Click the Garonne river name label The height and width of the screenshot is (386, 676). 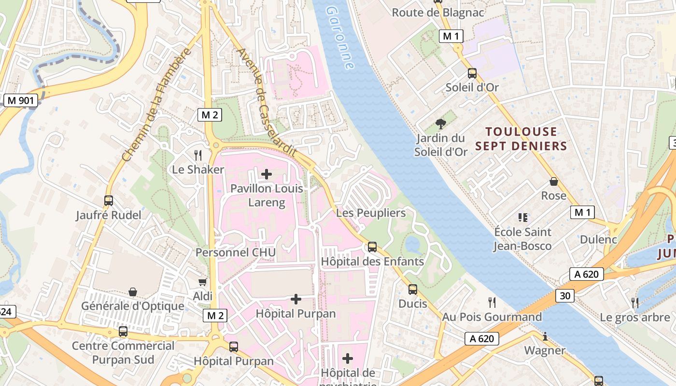point(340,38)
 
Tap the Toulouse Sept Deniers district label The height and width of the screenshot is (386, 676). point(526,138)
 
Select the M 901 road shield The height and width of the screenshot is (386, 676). point(20,100)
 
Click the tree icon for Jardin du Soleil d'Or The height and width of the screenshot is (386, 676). point(440,124)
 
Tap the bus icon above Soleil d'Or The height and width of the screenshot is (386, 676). point(472,73)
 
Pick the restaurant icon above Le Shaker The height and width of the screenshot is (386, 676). point(198,155)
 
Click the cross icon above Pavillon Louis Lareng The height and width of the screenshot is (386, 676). point(267,174)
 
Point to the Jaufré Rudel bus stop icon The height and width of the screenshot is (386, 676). point(109,201)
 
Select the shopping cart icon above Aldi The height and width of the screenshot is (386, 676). point(203,282)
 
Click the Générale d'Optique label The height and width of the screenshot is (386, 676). point(133,306)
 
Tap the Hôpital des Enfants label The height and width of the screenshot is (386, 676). point(372,262)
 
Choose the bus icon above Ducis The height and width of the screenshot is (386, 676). point(413,289)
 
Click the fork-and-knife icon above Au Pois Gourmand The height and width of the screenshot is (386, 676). point(492,303)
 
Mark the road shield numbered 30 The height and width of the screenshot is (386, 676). point(564,295)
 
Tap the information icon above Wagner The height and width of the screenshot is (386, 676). point(545,336)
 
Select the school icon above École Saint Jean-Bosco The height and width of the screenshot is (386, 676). point(522,218)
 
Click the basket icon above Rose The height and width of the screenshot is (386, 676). point(554,182)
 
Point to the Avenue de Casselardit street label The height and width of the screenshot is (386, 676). point(266,102)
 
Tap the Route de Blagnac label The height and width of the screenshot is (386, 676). point(437,13)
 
